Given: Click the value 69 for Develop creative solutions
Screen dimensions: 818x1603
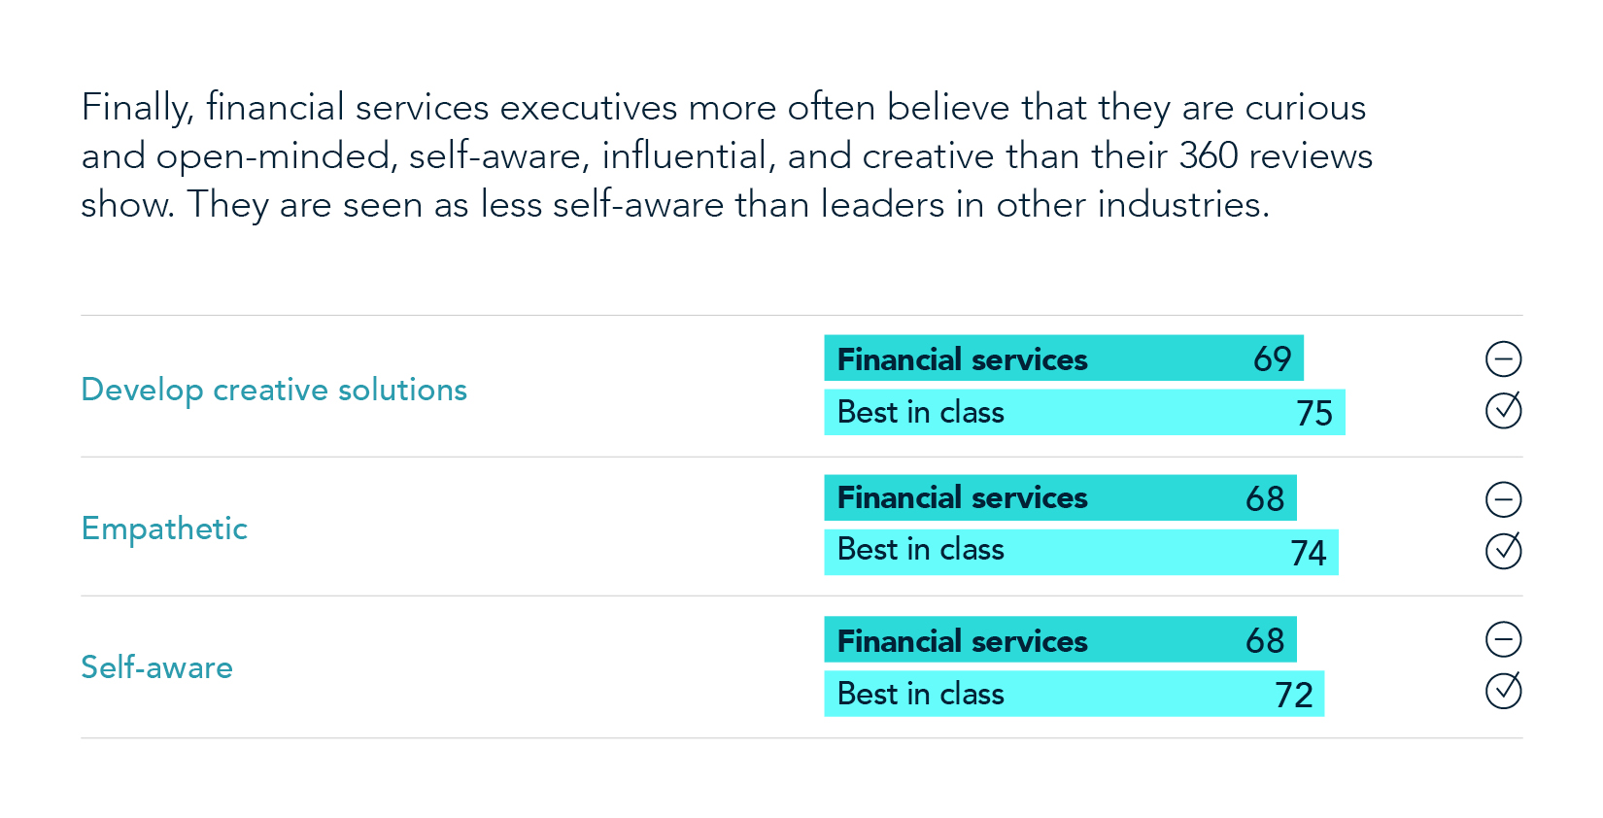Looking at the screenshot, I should pyautogui.click(x=1272, y=359).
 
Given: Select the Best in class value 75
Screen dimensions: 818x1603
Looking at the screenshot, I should pyautogui.click(x=1314, y=413).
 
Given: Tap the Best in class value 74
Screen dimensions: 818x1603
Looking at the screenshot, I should pyautogui.click(x=1308, y=553).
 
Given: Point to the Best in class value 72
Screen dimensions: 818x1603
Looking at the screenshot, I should pyautogui.click(x=1293, y=695).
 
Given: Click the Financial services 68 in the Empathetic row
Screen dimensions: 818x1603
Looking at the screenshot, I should pyautogui.click(x=1265, y=498).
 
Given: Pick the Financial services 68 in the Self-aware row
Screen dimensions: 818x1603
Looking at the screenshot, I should pyautogui.click(x=1265, y=641).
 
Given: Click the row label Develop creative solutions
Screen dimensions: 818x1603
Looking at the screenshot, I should pyautogui.click(x=274, y=390).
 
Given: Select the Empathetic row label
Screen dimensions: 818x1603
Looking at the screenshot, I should pyautogui.click(x=164, y=528).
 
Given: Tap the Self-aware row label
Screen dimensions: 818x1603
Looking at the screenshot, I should pyautogui.click(x=156, y=667).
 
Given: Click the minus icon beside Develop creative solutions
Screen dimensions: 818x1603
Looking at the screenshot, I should pyautogui.click(x=1503, y=359).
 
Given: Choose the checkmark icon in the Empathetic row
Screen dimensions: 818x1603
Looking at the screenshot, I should pyautogui.click(x=1503, y=551).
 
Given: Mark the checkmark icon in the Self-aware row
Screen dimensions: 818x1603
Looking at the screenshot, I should pyautogui.click(x=1503, y=691).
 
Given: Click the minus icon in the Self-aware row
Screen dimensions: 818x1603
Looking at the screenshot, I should pyautogui.click(x=1503, y=639).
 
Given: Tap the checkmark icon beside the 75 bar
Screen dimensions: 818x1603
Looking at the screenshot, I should pyautogui.click(x=1503, y=410).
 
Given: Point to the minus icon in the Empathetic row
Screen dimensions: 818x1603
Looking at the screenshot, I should pyautogui.click(x=1503, y=499).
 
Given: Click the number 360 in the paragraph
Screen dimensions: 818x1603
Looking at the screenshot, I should pyautogui.click(x=1209, y=155).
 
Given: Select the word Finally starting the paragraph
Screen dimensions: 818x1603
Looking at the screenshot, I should pyautogui.click(x=137, y=108).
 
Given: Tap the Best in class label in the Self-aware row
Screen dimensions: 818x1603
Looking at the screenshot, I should pyautogui.click(x=920, y=695).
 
